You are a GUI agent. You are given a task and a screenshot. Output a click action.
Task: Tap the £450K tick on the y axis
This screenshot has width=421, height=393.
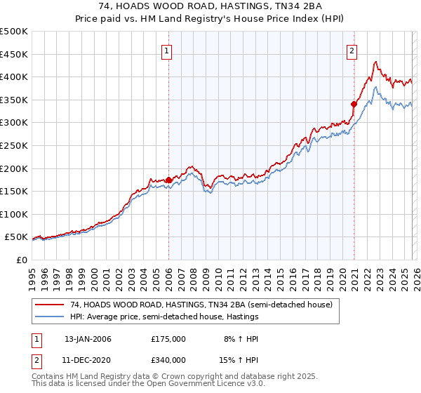point(14,54)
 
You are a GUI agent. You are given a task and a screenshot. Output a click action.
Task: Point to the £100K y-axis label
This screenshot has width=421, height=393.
point(14,214)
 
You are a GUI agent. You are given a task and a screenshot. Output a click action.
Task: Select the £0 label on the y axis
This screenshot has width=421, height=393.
point(22,260)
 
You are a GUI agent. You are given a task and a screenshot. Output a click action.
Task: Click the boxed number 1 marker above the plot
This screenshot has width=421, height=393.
point(168,50)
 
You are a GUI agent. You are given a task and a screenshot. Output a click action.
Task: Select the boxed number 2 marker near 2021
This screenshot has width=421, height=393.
point(351,50)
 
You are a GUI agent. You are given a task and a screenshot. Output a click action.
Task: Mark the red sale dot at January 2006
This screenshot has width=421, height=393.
point(169,180)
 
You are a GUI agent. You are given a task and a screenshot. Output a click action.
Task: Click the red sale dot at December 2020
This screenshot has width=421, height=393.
point(354,104)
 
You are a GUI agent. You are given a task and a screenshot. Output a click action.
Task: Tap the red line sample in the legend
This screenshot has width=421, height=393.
point(50,305)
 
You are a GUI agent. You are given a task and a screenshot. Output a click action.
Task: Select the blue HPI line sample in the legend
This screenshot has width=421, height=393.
point(50,317)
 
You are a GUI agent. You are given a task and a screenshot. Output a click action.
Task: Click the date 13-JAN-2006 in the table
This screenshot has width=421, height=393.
point(88,339)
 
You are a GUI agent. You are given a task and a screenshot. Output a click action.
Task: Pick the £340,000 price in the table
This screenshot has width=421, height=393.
point(168,361)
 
